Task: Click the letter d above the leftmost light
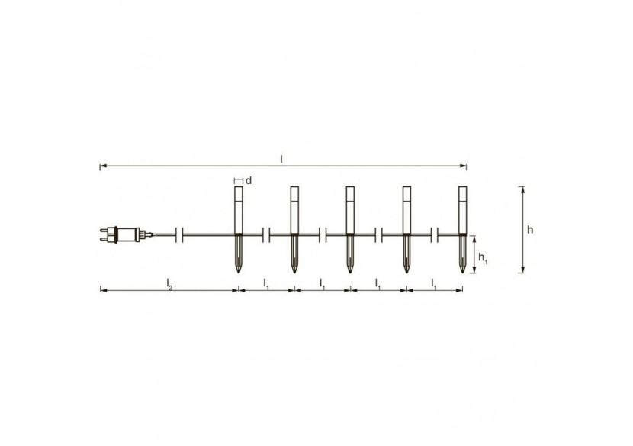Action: pyautogui.click(x=249, y=179)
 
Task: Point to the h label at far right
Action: pyautogui.click(x=530, y=230)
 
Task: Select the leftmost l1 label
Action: pyautogui.click(x=266, y=283)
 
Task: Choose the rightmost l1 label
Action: pyautogui.click(x=434, y=283)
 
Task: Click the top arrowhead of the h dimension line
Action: pyautogui.click(x=522, y=188)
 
